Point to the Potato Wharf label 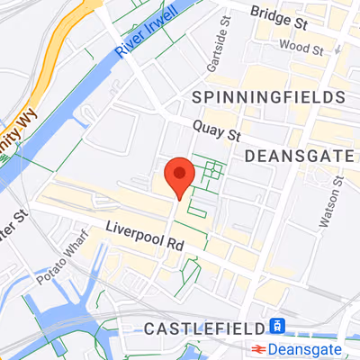[59, 263]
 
